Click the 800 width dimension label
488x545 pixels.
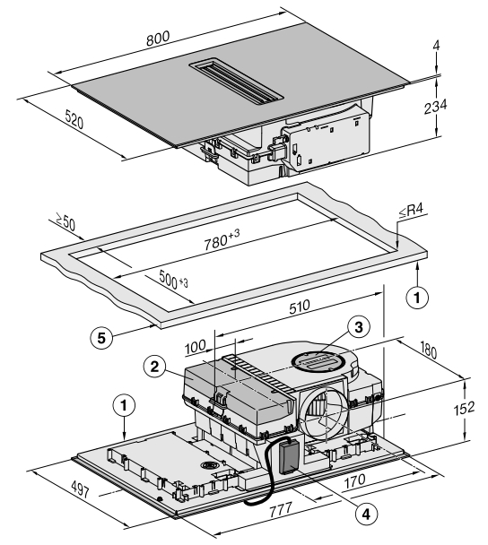pos(158,39)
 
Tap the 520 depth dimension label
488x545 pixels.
pos(74,120)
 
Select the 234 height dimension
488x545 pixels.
pos(435,107)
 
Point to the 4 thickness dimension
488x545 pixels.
pos(436,45)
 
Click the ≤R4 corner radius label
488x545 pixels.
pos(411,211)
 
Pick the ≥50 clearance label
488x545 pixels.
pos(65,221)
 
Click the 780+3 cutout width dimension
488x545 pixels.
pos(222,239)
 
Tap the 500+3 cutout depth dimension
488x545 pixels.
pos(173,280)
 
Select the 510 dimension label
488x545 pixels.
pos(299,307)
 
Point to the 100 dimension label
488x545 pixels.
pos(196,348)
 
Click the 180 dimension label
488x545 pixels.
pos(428,350)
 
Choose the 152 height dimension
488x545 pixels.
pos(464,408)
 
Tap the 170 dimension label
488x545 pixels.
pos(354,481)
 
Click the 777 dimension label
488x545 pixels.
pos(281,510)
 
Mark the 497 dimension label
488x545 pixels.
pos(80,489)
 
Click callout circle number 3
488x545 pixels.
pos(358,327)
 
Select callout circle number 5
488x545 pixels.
pos(101,338)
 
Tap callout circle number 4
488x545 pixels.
pos(366,514)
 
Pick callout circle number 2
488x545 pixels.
pos(154,367)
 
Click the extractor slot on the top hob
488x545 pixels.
pos(236,82)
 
